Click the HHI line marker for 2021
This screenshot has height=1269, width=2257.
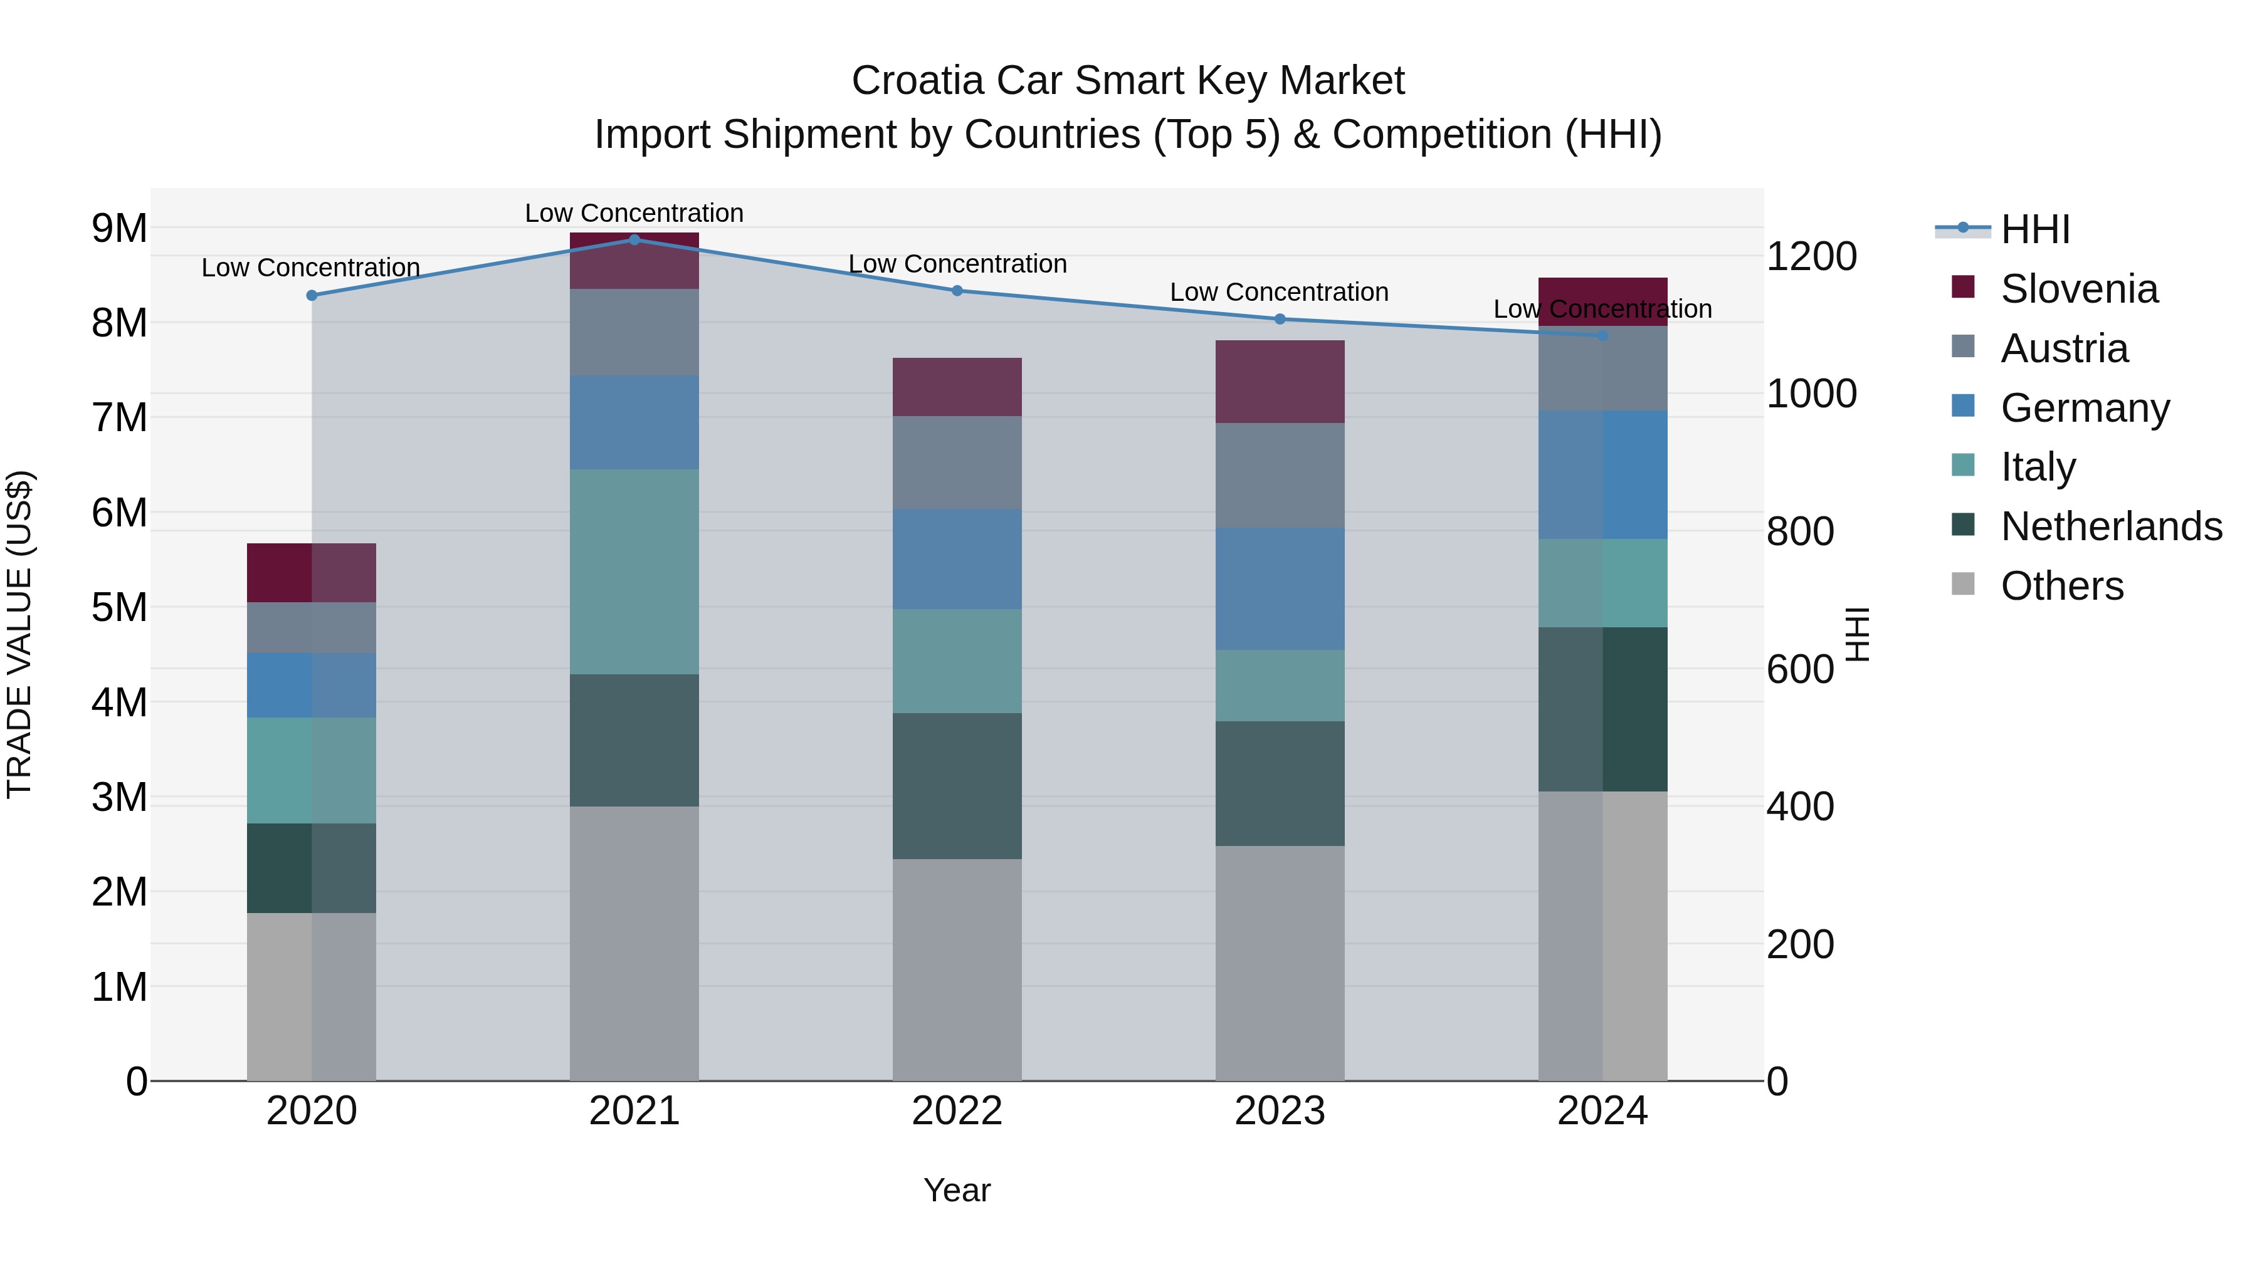click(634, 239)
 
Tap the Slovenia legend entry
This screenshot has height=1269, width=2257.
click(2078, 289)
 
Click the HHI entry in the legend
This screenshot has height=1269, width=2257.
click(2034, 229)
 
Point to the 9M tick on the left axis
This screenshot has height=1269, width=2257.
click(119, 229)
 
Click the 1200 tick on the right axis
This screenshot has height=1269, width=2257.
click(1811, 256)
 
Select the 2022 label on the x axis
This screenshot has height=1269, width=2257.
click(957, 1111)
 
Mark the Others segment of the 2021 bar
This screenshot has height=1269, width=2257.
click(634, 943)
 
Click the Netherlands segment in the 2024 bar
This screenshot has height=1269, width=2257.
click(1602, 709)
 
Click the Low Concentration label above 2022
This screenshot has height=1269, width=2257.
click(957, 264)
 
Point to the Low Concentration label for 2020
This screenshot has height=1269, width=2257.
click(311, 268)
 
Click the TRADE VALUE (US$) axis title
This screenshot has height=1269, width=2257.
click(19, 634)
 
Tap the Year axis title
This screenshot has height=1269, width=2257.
click(957, 1190)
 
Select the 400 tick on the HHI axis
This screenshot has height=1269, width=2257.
click(1799, 807)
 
